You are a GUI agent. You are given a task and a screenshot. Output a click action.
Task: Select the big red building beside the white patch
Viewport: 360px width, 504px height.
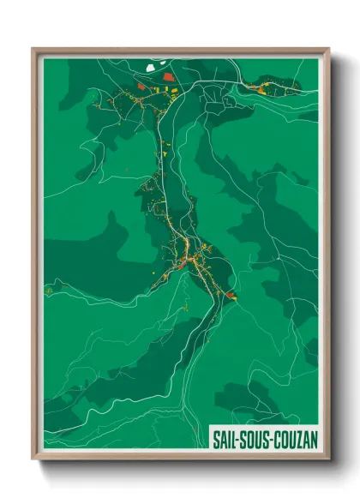click(169, 76)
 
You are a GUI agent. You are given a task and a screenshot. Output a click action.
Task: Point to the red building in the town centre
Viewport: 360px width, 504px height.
click(182, 263)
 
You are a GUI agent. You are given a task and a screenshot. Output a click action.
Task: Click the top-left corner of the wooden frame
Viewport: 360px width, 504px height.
click(33, 49)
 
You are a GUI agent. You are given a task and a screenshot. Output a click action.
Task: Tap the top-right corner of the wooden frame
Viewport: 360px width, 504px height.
click(328, 49)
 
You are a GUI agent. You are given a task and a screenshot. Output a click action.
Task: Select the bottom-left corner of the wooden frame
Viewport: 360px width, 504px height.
click(33, 459)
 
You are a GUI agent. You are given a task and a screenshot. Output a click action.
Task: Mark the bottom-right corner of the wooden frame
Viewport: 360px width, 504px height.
click(328, 459)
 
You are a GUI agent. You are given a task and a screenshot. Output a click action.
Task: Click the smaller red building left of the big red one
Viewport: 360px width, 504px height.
click(142, 86)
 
